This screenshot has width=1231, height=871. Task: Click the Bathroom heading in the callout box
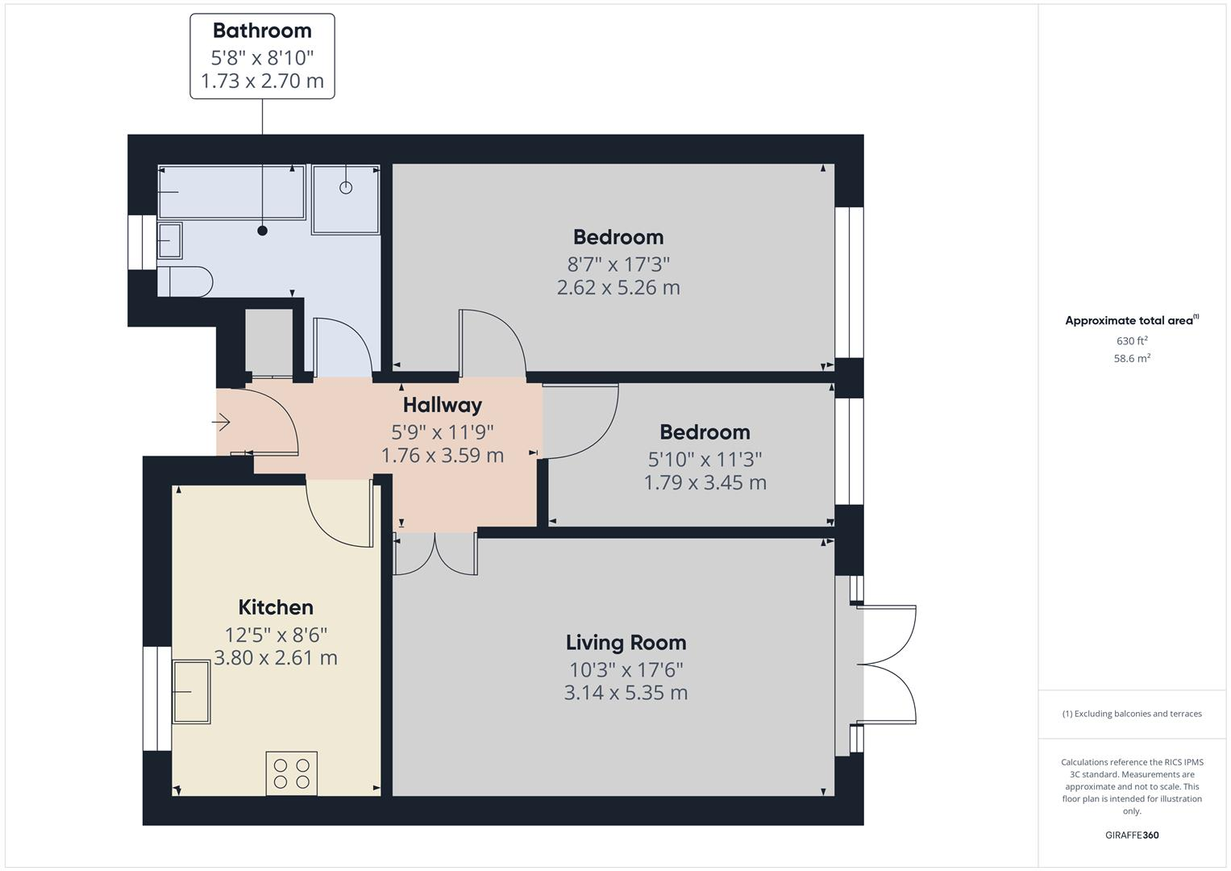click(x=262, y=31)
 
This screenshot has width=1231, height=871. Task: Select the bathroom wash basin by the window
click(x=169, y=240)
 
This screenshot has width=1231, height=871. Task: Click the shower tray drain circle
click(x=346, y=188)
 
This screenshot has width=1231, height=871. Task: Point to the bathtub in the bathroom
click(x=231, y=192)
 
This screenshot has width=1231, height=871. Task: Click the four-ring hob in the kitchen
click(x=291, y=773)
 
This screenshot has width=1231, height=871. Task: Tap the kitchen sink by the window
click(x=191, y=691)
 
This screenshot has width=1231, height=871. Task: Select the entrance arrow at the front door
click(x=222, y=422)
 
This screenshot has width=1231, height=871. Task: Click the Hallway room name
click(x=442, y=405)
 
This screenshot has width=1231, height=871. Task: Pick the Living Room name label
click(x=626, y=643)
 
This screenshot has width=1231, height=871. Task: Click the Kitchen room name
click(x=276, y=607)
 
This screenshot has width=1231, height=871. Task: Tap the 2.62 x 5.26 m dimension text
click(x=618, y=288)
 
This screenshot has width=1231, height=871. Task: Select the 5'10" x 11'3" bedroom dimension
click(x=705, y=459)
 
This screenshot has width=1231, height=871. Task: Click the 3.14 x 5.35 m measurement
click(x=626, y=693)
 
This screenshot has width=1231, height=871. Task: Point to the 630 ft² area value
click(x=1132, y=341)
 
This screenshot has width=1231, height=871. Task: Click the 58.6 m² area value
click(x=1132, y=359)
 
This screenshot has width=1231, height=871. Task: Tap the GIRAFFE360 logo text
click(x=1132, y=835)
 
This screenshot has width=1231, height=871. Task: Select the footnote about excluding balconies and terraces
click(x=1132, y=714)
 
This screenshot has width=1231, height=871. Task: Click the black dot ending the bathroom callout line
click(x=262, y=231)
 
